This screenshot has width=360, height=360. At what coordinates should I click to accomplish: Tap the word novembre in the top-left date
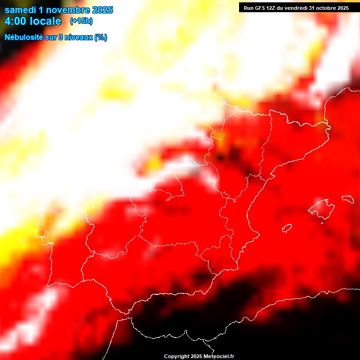(x=68, y=10)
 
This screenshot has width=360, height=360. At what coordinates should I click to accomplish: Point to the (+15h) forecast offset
(x=81, y=21)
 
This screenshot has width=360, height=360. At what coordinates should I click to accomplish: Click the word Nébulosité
(x=24, y=37)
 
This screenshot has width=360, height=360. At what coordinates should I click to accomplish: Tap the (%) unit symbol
(x=101, y=37)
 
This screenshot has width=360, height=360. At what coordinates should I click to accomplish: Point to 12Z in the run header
(x=271, y=7)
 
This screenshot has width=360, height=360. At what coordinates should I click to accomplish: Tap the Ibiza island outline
(x=287, y=228)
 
